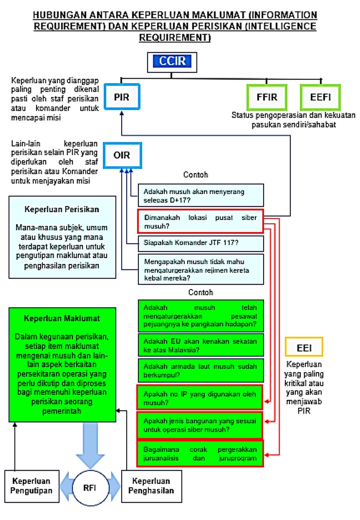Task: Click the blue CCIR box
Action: coord(171,62)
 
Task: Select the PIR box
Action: coord(121,97)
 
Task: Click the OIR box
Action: coord(122,155)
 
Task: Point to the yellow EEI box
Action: coord(303,347)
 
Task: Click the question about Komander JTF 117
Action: coord(200,243)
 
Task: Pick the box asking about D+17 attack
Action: coord(200,195)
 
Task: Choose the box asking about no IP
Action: coord(200,397)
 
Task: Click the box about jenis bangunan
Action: coord(200,424)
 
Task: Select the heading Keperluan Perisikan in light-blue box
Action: coord(60,210)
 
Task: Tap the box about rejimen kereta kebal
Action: coord(200,269)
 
